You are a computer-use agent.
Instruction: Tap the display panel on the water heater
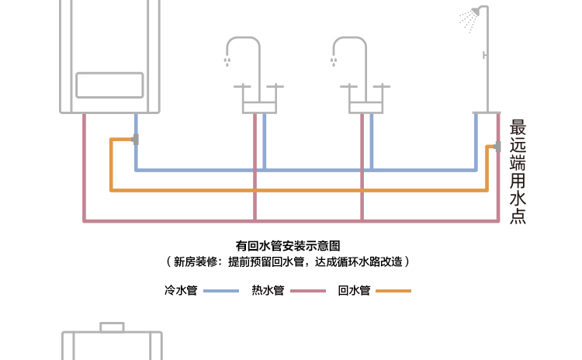[x=109, y=85]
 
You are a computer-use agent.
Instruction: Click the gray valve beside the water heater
[x=136, y=140]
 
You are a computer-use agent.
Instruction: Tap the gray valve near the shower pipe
[x=496, y=146]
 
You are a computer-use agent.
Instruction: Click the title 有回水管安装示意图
[x=289, y=246]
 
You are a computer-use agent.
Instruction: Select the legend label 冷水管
[x=181, y=291]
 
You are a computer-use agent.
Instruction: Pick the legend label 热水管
[x=268, y=291]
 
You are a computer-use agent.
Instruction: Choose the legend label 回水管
[x=355, y=291]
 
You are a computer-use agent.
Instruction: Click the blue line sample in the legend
[x=221, y=291]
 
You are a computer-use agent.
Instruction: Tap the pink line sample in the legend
[x=308, y=291]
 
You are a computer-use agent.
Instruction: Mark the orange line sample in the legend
[x=394, y=291]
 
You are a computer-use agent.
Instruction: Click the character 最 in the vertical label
[x=518, y=126]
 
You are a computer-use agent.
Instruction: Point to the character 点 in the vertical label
[x=518, y=216]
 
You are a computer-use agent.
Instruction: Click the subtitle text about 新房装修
[x=289, y=262]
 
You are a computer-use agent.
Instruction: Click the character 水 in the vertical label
[x=518, y=199]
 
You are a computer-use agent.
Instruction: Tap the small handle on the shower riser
[x=484, y=55]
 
